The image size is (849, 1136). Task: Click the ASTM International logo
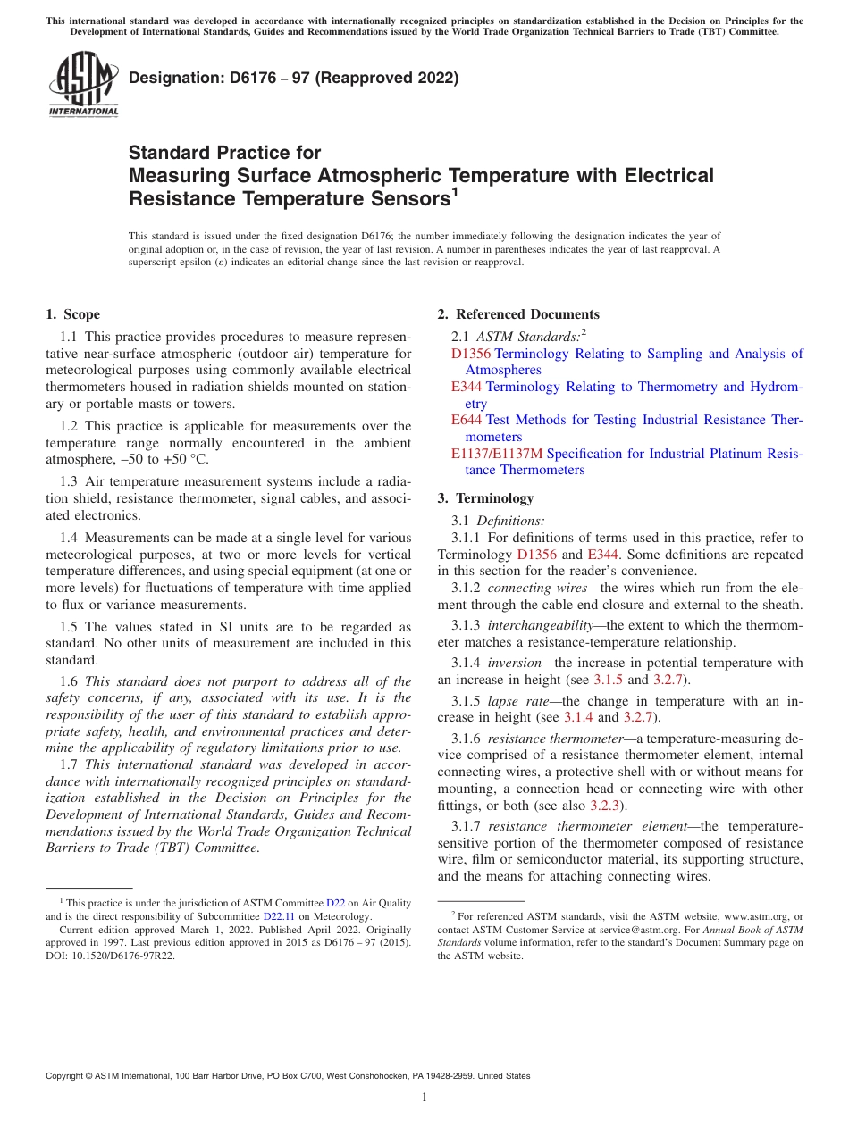82,84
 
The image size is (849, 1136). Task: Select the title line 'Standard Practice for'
224,153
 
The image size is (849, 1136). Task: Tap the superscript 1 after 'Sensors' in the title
455,192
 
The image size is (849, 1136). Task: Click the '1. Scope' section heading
72,314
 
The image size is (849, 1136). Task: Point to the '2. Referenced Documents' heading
518,314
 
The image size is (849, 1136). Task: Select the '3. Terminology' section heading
485,498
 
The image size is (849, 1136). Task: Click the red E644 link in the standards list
467,420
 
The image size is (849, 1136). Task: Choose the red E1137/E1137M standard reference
497,454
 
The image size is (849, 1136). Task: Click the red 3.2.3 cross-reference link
607,806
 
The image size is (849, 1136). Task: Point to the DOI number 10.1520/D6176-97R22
122,955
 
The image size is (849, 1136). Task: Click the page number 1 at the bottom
424,1097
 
